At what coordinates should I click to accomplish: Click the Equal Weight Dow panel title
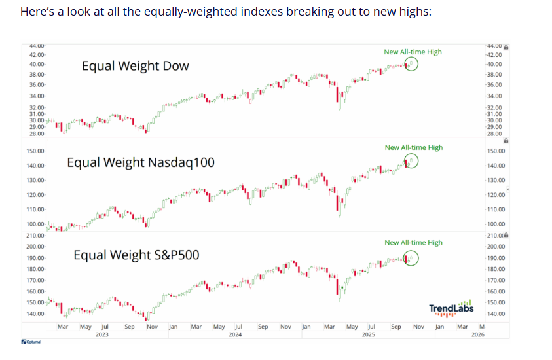click(x=135, y=66)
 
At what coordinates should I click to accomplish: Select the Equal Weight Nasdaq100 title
click(x=140, y=162)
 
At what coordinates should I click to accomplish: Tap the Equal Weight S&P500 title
click(x=136, y=255)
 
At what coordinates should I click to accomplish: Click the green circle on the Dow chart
click(x=411, y=64)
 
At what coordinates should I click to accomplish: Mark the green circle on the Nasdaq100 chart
click(x=411, y=161)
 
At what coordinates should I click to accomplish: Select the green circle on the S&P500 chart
click(x=411, y=259)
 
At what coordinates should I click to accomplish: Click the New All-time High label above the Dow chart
click(x=413, y=52)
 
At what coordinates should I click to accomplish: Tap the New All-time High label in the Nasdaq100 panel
click(x=413, y=147)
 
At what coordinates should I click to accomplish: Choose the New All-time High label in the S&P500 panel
click(x=413, y=242)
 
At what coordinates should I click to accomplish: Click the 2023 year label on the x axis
click(x=102, y=334)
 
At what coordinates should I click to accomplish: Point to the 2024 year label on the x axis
click(x=235, y=334)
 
